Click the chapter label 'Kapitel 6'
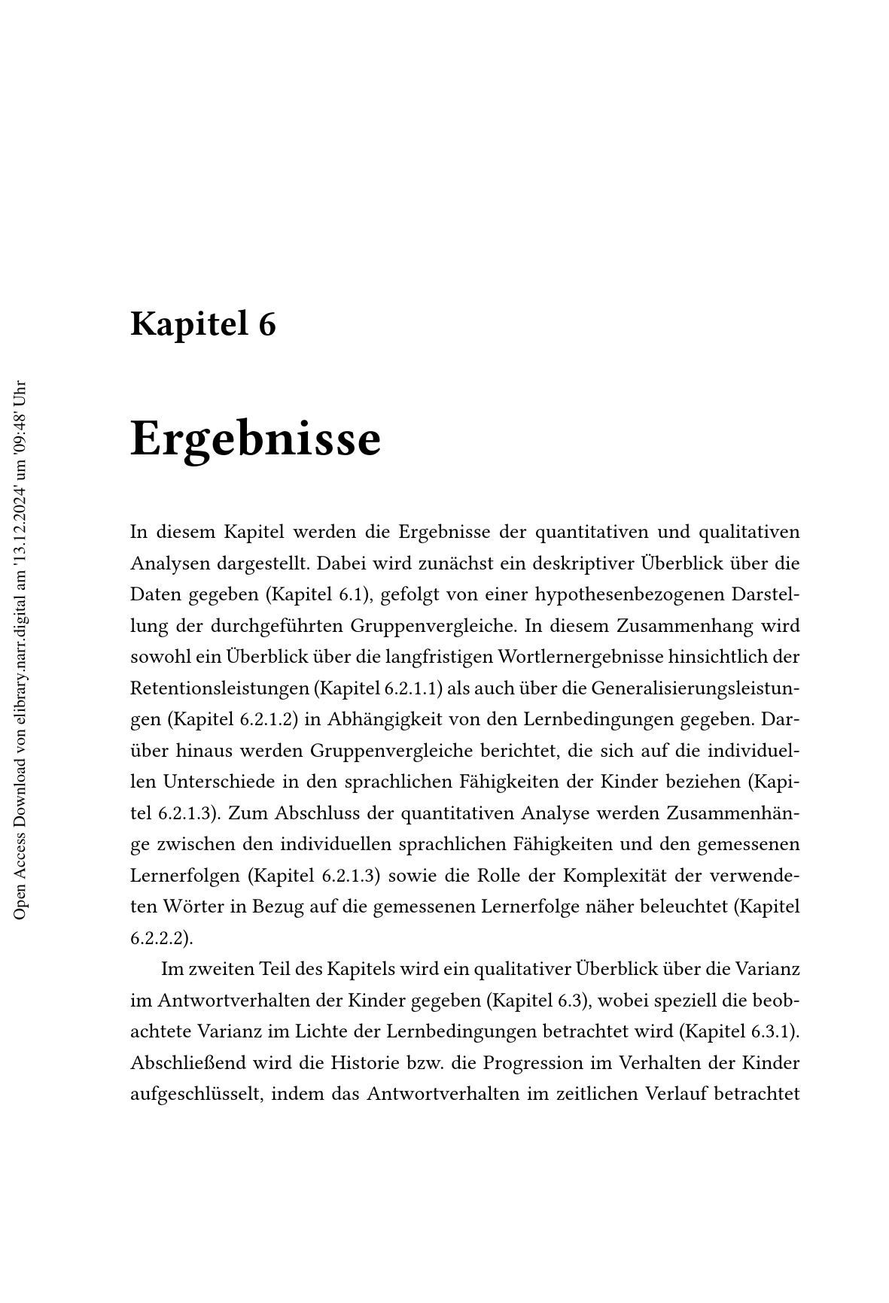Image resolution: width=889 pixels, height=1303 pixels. click(x=203, y=323)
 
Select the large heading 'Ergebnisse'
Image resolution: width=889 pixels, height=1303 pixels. click(x=255, y=439)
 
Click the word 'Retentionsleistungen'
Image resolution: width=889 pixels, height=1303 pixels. click(x=218, y=688)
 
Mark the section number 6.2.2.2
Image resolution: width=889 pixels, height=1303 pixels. click(x=158, y=938)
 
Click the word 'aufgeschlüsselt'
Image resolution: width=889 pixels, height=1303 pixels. click(x=195, y=1094)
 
